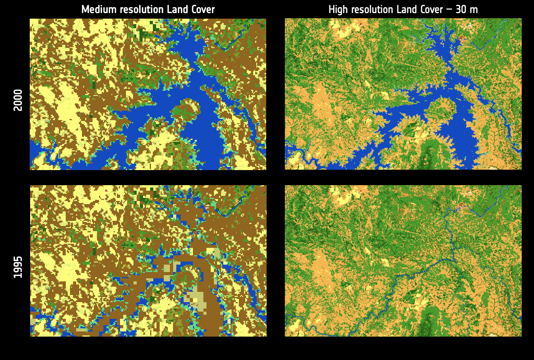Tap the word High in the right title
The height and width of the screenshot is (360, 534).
coord(338,10)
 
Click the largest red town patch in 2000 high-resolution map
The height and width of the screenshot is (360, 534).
coord(462,38)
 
